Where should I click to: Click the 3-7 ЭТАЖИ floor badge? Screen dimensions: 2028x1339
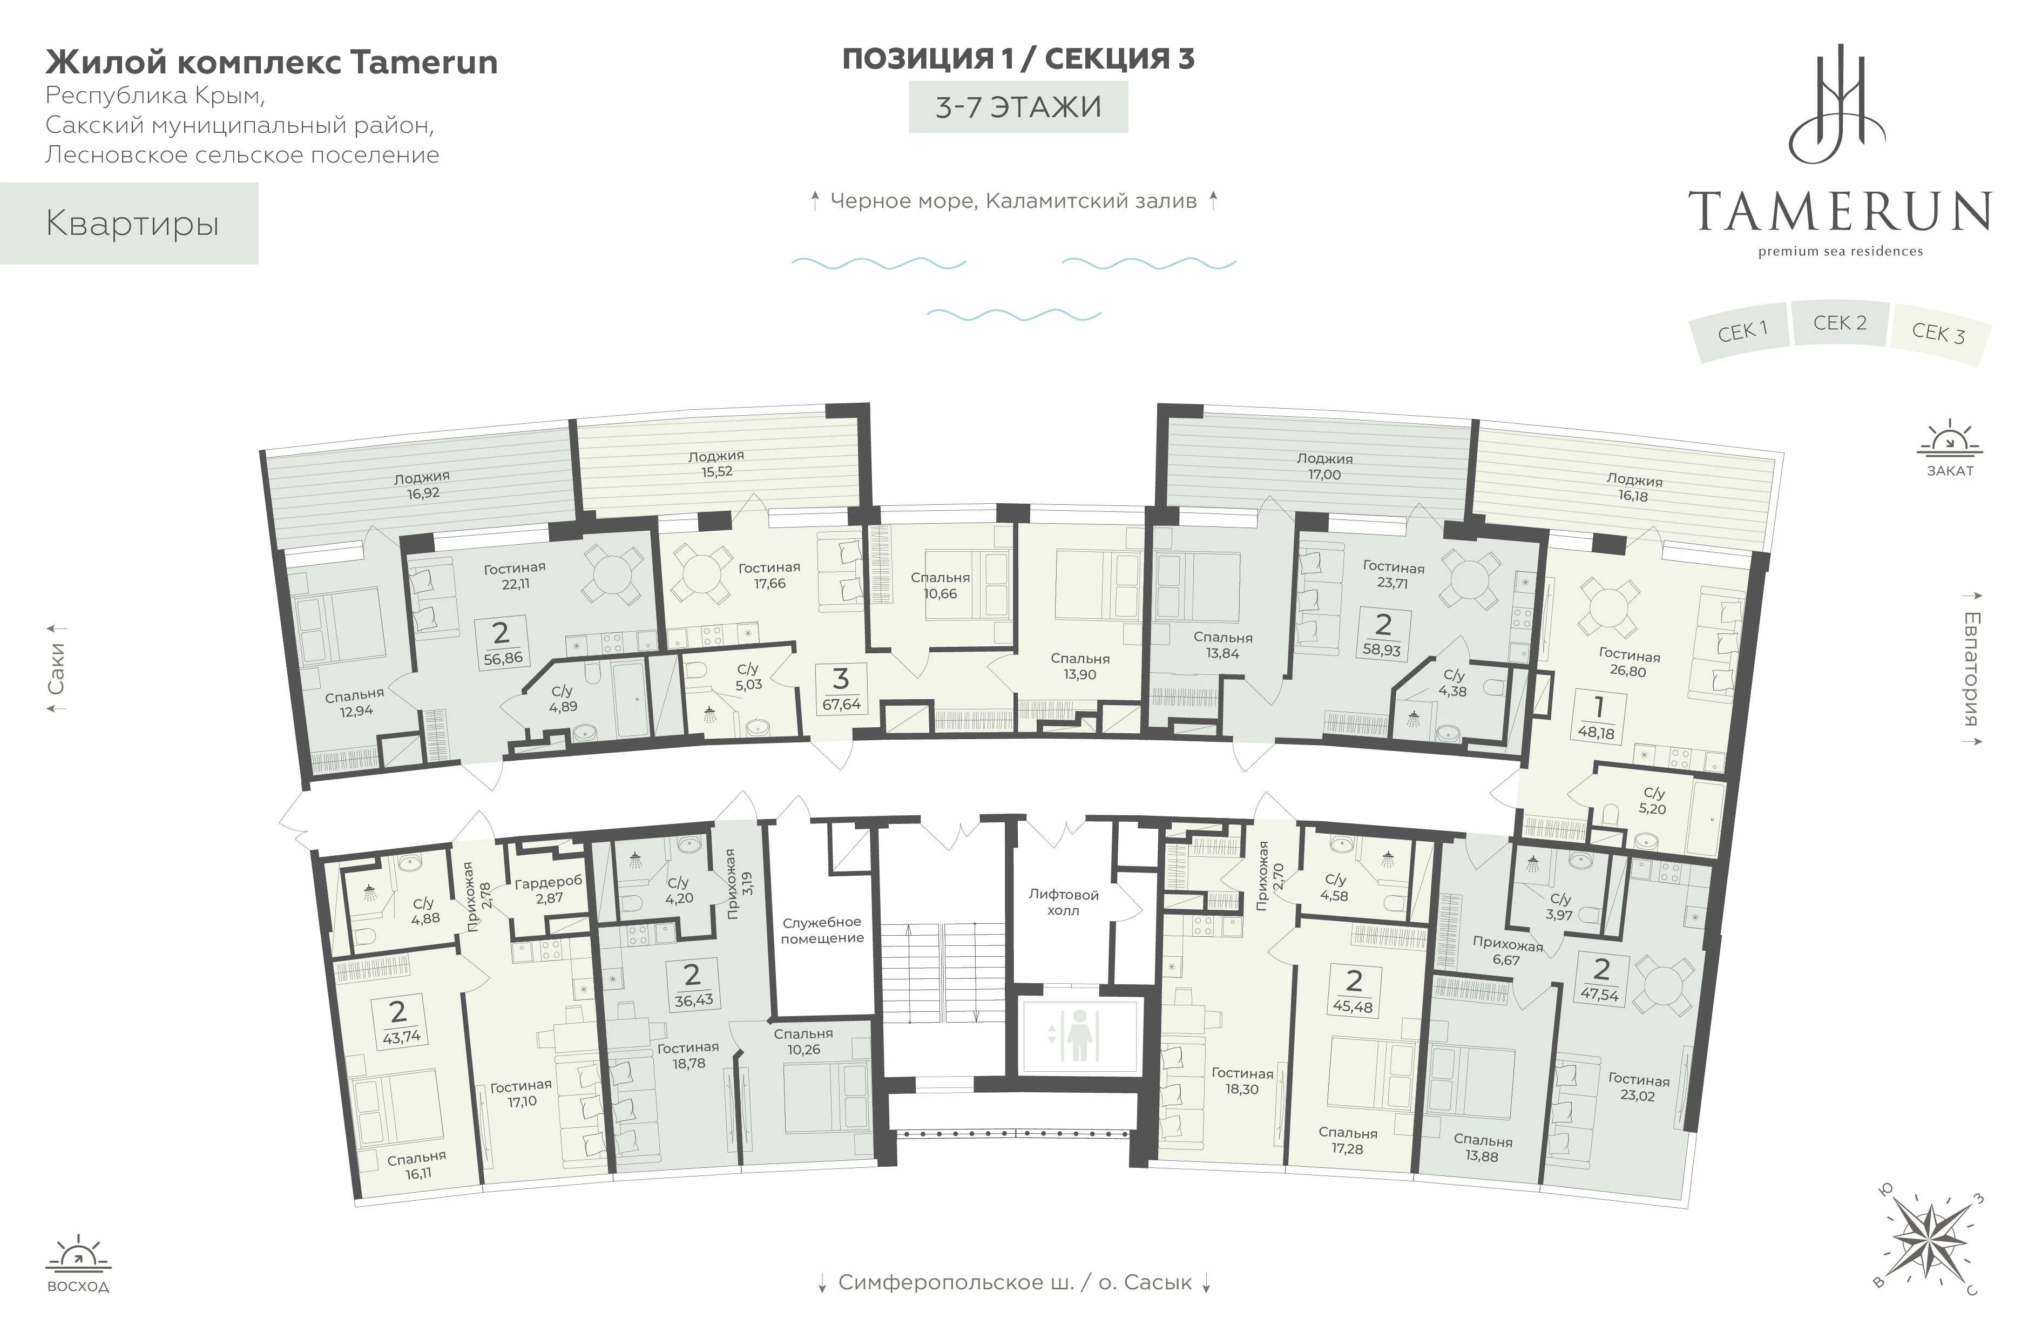coord(1018,107)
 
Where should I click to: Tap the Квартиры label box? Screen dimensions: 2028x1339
coord(129,224)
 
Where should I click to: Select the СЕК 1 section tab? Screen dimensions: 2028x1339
coord(1741,332)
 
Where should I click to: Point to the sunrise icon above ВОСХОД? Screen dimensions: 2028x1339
coord(78,1252)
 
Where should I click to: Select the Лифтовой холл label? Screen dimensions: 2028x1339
coord(1063,903)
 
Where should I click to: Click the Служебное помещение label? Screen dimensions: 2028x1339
coord(822,930)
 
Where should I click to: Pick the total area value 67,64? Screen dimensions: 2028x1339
coord(841,705)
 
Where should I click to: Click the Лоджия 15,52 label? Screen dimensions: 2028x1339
coord(716,464)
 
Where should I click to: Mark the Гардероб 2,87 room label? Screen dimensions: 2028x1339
coord(548,889)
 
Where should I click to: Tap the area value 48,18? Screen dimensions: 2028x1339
coord(1596,732)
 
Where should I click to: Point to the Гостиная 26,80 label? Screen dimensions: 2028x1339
coord(1629,664)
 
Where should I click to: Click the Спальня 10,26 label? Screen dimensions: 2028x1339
coord(803,1042)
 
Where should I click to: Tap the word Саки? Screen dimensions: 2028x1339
coord(56,668)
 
